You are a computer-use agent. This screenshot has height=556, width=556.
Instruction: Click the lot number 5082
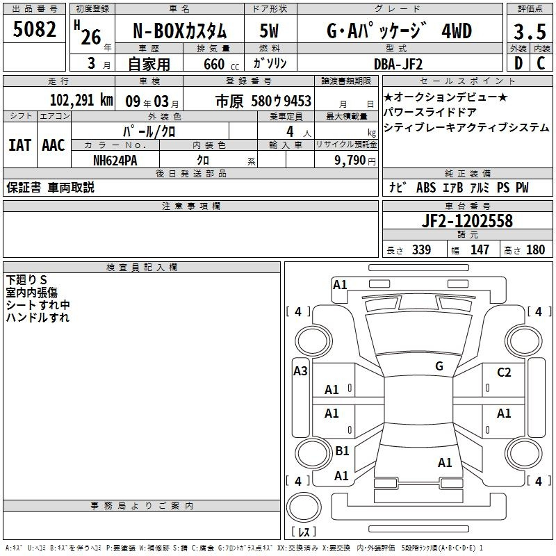pos(34,29)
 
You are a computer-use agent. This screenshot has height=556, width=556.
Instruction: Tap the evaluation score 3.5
pos(530,31)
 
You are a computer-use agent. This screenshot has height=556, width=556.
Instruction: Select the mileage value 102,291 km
pos(81,100)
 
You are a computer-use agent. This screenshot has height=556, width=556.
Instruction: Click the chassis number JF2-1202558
pos(467,220)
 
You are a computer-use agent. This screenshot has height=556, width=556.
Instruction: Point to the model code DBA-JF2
pos(398,64)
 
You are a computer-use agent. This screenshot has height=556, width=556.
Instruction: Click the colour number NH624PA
pos(115,161)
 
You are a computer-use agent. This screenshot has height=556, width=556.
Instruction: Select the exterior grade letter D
pos(518,63)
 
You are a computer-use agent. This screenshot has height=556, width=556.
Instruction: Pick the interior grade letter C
pos(541,63)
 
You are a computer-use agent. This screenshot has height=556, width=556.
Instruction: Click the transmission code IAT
pos(20,145)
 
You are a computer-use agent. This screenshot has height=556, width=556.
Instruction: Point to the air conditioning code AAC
pos(54,145)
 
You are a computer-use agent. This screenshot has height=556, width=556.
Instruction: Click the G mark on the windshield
pos(439,366)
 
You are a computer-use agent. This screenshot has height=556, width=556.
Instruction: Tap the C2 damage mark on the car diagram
pos(504,372)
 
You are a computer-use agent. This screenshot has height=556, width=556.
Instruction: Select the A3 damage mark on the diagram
pos(300,370)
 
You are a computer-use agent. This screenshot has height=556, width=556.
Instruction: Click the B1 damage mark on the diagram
pos(342,450)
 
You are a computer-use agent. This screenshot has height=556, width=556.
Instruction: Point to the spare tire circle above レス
pos(304,507)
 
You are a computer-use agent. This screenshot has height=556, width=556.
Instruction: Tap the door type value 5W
pos(269,31)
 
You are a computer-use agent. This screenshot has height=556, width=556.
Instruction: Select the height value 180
pos(535,250)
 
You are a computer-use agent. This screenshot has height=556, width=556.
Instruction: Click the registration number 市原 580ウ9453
pos(263,101)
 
